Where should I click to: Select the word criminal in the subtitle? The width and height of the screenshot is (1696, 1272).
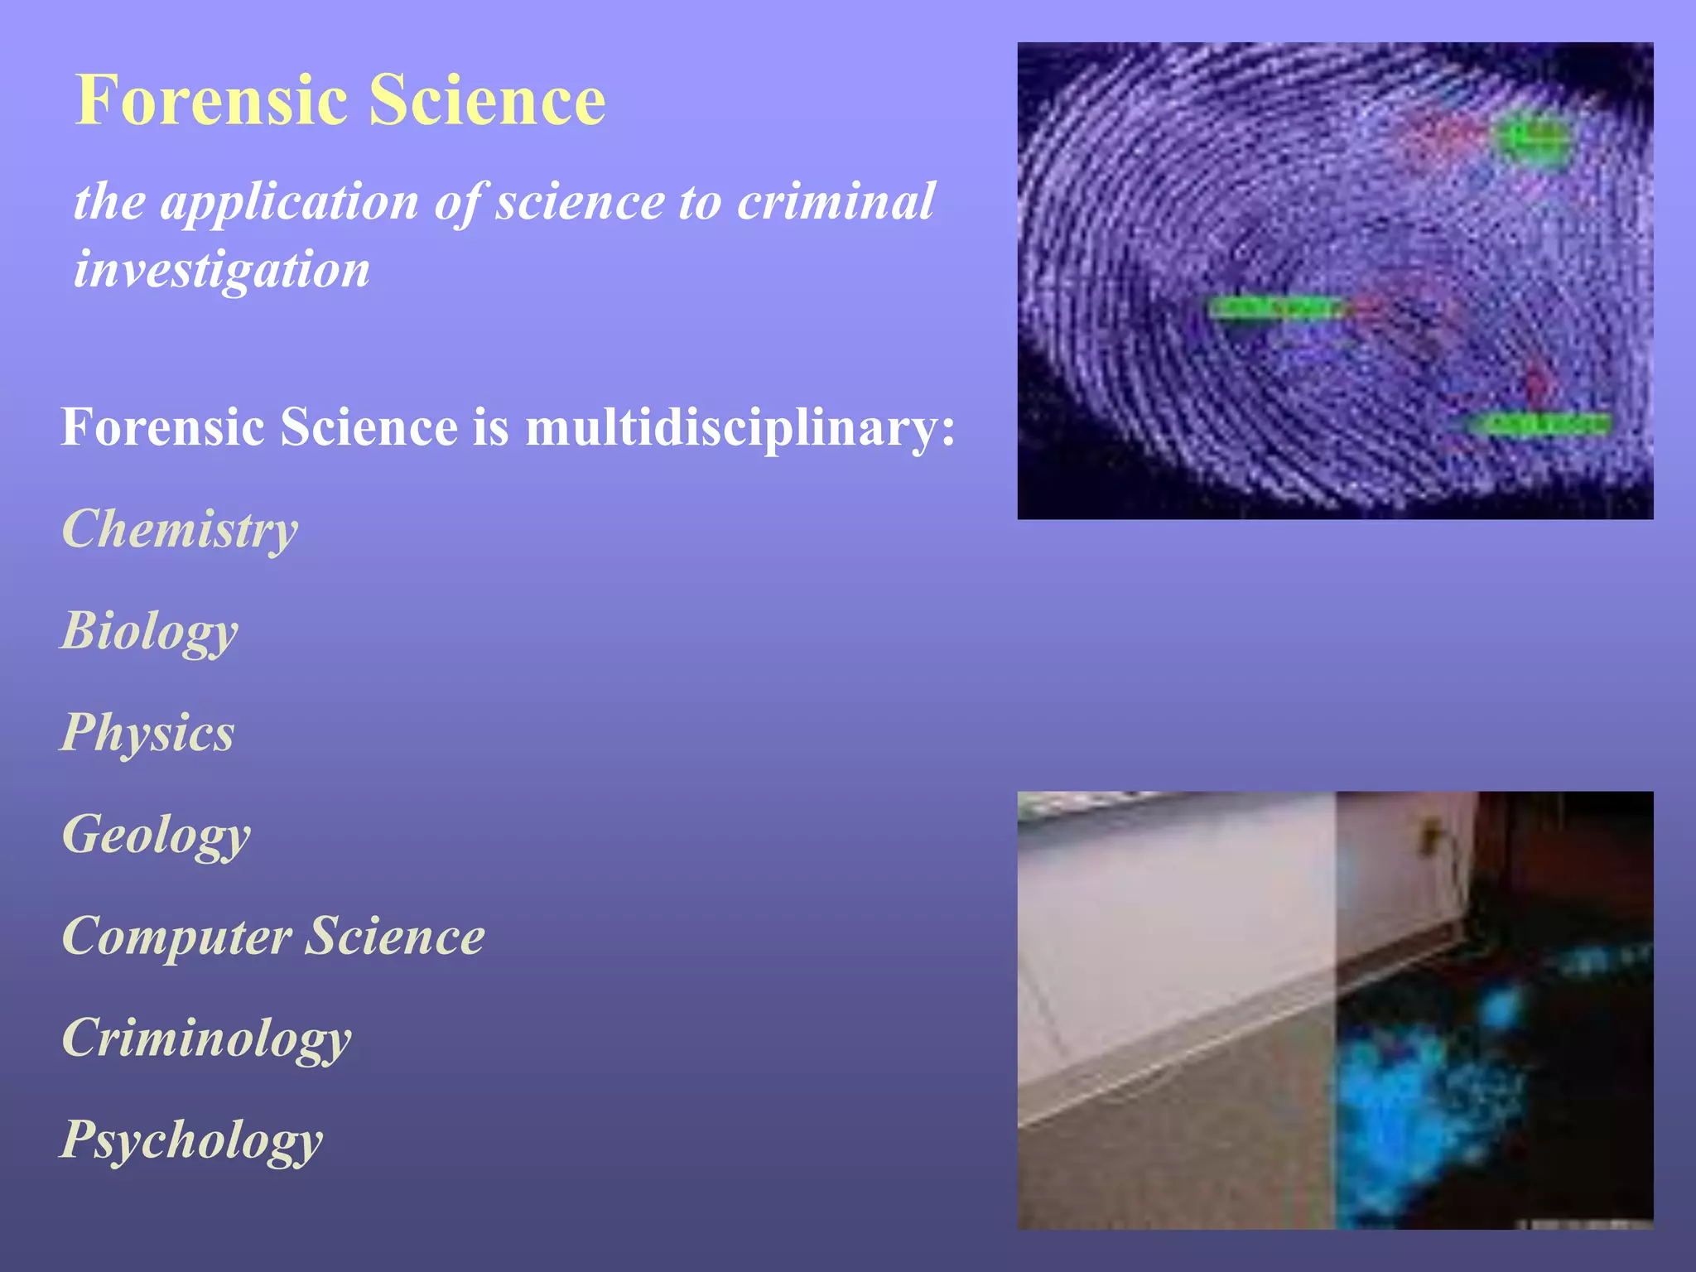pos(836,201)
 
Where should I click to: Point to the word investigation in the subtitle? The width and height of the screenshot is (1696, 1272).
pos(221,271)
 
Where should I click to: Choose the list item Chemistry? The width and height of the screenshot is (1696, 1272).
pos(180,529)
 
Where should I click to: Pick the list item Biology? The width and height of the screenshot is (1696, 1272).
pos(150,632)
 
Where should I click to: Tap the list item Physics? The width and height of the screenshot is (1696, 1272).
pos(148,733)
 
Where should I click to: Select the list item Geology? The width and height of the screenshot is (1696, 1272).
pos(156,836)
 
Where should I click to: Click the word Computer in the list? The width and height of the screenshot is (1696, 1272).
pos(176,937)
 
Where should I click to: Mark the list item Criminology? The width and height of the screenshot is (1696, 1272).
pos(206,1038)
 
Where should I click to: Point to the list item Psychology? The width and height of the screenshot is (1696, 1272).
pos(191,1140)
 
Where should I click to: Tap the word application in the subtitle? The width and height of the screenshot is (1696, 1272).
pos(290,201)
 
